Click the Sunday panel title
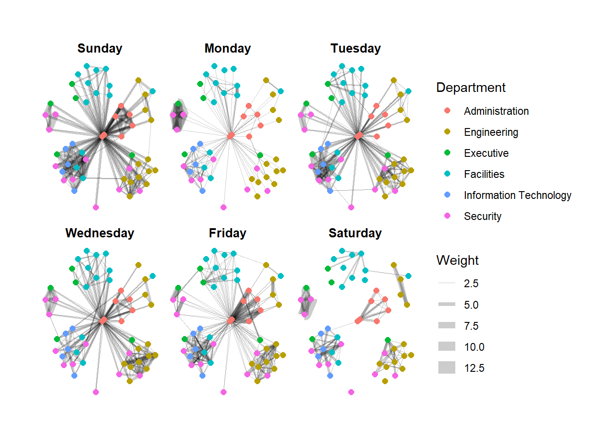tap(100, 48)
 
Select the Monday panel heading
tap(227, 48)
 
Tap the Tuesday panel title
tap(356, 48)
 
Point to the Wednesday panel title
tap(100, 233)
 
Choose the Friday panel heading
tap(227, 233)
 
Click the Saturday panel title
tap(355, 233)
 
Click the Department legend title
tap(471, 87)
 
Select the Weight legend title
tap(458, 260)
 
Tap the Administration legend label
tap(496, 111)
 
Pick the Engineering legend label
tap(491, 132)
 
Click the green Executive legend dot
tap(447, 153)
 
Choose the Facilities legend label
tap(484, 174)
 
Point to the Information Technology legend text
tap(518, 195)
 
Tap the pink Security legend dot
tap(447, 216)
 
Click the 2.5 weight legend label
tap(471, 284)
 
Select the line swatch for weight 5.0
tap(447, 304)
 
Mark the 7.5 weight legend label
tap(471, 326)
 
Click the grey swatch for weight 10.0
tap(447, 346)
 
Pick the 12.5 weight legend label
tap(474, 368)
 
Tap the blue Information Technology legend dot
tap(447, 195)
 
